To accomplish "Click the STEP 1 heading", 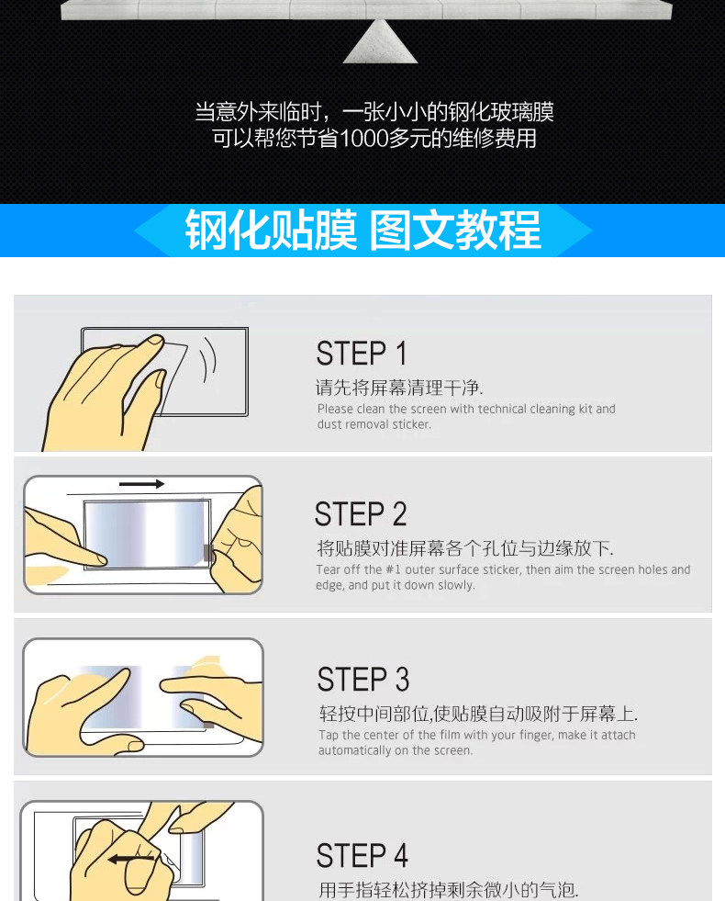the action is point(362,353).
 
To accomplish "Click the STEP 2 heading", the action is point(361,513).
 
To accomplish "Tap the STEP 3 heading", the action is point(363,680).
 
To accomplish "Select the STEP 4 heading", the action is point(362,855).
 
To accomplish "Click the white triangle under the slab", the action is point(380,41).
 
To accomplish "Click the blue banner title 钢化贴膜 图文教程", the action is point(362,231).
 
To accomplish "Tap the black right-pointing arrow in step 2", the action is point(141,484).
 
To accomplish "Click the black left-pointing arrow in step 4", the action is point(131,859).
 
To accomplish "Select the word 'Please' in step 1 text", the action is point(335,409).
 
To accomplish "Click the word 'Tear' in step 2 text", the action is point(328,569).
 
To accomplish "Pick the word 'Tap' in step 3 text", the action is point(329,736).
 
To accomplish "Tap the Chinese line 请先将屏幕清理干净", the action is point(399,388).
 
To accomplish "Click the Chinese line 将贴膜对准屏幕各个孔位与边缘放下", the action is point(465,548).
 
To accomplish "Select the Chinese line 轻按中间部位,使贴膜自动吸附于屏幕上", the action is point(478,714).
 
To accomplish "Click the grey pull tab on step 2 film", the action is point(207,553).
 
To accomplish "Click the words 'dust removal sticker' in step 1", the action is point(374,424).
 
